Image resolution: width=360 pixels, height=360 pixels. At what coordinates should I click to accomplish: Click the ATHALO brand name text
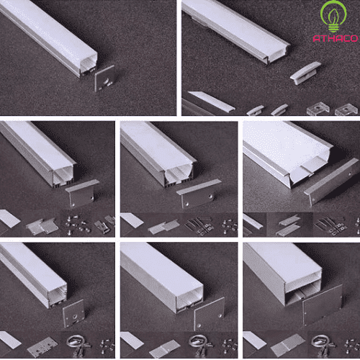coord(333,36)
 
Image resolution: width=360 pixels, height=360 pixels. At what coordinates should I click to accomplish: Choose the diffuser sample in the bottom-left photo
coord(9,341)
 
